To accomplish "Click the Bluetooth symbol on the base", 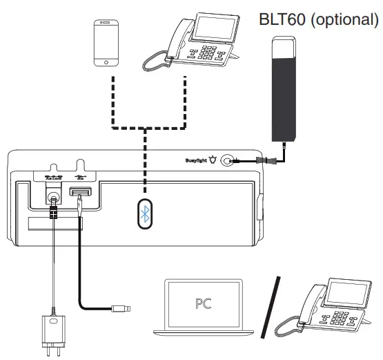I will pos(145,216).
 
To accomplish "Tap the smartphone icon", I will pos(106,43).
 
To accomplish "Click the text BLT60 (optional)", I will pos(318,19).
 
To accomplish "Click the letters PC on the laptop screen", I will pos(204,303).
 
